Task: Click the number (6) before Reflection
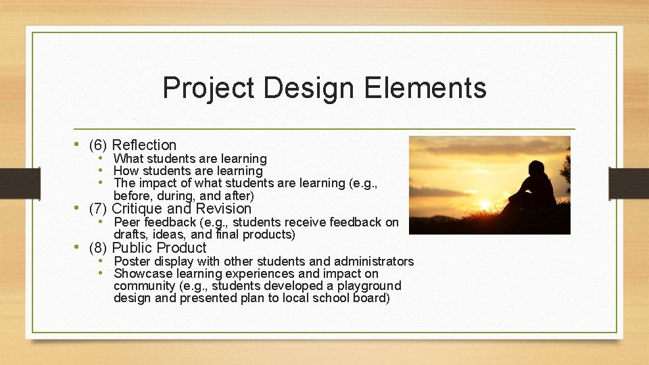coord(98,145)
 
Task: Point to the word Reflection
coord(144,145)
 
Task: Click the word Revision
coord(224,208)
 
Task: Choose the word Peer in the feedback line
coord(126,222)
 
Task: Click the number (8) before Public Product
coord(98,247)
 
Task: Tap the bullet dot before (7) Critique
coord(78,208)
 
